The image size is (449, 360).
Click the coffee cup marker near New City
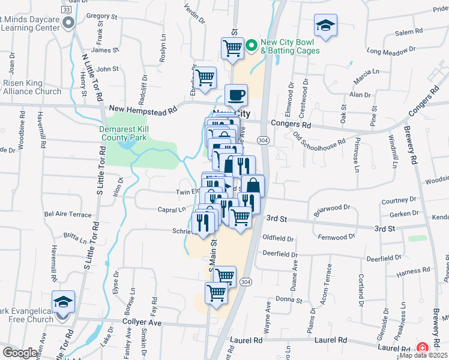[236, 95]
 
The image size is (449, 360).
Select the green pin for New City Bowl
[252, 43]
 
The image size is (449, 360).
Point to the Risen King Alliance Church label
[32, 87]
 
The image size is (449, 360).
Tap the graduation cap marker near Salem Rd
[325, 26]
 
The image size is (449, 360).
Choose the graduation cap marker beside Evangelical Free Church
[63, 302]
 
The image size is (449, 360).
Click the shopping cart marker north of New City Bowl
[232, 48]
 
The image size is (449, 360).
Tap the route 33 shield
[67, 10]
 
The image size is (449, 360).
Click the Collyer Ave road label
[142, 322]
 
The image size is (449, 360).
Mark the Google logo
[20, 353]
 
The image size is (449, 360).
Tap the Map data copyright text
[423, 355]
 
